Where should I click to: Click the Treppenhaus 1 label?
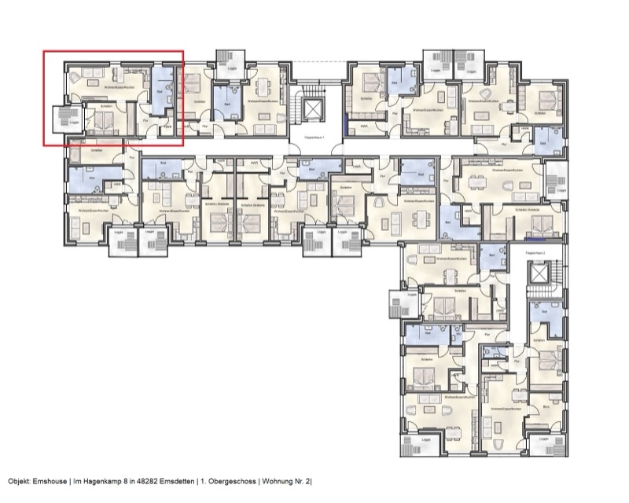click(315, 138)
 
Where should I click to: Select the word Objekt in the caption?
click(19, 480)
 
